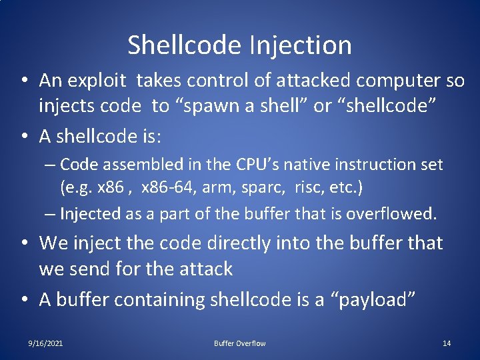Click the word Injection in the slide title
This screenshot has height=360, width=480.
301,45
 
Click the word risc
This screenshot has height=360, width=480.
305,188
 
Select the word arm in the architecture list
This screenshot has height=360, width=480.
215,188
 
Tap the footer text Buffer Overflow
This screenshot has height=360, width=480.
239,343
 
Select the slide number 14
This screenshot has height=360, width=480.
447,343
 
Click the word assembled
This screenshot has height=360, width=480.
133,164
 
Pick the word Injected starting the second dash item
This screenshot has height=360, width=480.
86,213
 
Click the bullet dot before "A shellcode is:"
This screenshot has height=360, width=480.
24,137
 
